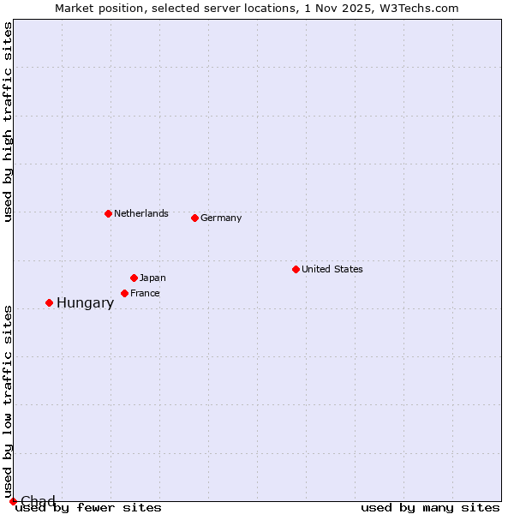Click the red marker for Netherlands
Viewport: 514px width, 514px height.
coord(108,213)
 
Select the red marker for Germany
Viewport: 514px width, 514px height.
coord(194,218)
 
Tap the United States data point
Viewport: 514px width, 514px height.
coord(296,269)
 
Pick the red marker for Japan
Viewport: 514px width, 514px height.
coord(134,278)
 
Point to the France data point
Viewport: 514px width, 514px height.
coord(124,293)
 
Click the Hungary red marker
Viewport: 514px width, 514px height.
coord(49,302)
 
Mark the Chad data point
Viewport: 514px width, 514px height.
coord(13,501)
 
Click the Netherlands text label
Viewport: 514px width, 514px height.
coord(141,213)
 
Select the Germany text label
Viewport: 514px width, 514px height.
coord(221,218)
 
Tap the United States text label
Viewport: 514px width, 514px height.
coord(332,269)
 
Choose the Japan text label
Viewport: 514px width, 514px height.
coord(152,278)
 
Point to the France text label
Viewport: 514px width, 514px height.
coord(145,293)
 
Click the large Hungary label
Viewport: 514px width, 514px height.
coord(85,302)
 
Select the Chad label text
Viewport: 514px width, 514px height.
coord(38,501)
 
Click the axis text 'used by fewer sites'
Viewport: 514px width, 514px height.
coord(89,507)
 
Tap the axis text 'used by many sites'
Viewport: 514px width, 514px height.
coord(430,507)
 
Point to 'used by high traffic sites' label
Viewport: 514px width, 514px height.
coord(8,122)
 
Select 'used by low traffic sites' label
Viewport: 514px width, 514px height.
coord(8,401)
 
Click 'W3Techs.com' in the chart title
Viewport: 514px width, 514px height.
coord(425,8)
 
